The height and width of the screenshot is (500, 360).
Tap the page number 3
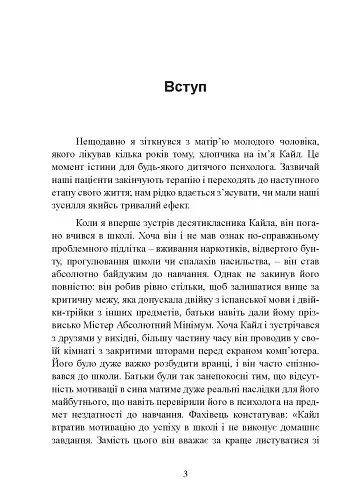point(180,473)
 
